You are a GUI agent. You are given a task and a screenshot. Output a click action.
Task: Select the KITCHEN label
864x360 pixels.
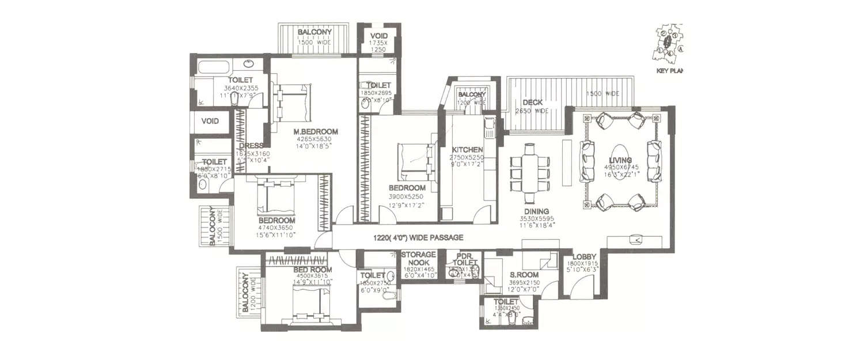[467, 150]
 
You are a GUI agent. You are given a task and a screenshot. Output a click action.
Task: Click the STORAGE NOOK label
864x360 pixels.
[418, 258]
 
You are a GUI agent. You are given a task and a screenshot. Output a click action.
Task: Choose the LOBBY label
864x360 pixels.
[584, 258]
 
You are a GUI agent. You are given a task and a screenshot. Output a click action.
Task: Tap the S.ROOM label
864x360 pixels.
[524, 275]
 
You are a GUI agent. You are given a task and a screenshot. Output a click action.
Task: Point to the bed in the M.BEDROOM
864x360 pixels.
[293, 102]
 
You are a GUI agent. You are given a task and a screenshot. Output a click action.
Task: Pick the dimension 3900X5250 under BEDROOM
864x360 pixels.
[407, 196]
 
